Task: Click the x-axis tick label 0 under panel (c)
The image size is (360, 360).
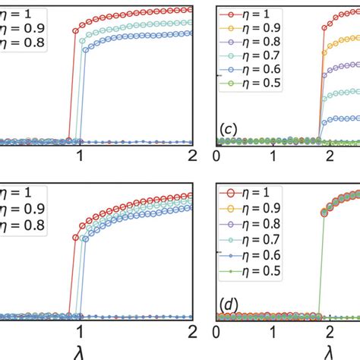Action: [217, 156]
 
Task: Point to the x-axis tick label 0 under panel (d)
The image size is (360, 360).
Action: [217, 332]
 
